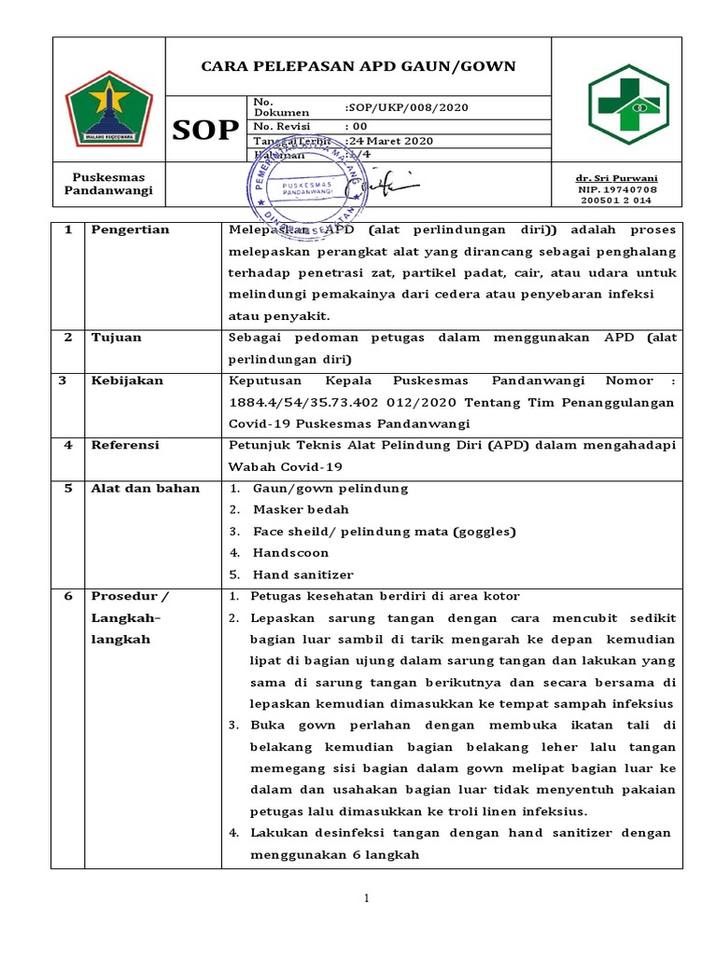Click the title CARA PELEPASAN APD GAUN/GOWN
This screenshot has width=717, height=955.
tap(358, 66)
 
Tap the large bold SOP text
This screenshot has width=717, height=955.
tap(204, 131)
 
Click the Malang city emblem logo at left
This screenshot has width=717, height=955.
tap(107, 107)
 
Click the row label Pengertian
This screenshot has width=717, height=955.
tap(130, 229)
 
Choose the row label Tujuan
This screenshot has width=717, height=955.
tap(116, 338)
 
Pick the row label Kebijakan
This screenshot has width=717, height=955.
tap(126, 381)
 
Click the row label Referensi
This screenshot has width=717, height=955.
tap(125, 445)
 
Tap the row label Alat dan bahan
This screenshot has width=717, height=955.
tap(145, 489)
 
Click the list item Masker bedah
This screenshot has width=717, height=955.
tap(301, 510)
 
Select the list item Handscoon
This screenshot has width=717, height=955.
tap(290, 553)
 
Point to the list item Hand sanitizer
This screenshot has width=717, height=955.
tap(302, 574)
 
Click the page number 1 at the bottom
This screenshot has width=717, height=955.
tap(367, 898)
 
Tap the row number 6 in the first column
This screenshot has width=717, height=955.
tap(68, 596)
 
